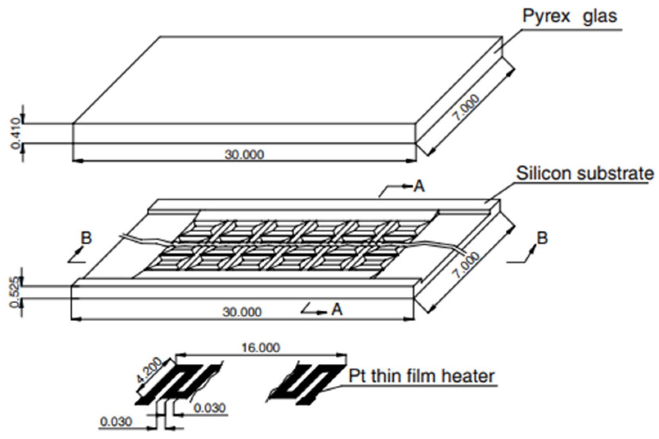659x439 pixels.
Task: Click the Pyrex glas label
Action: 569,16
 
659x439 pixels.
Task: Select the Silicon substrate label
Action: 585,173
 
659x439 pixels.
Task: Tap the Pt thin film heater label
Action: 421,376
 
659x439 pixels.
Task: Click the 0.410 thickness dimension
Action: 16,133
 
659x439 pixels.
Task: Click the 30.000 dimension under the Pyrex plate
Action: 244,155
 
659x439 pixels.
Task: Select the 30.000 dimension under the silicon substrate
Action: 242,312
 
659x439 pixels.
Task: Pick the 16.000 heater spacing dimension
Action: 260,348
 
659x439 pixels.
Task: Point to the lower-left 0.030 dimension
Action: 116,421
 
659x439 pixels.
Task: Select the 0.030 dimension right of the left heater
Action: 209,408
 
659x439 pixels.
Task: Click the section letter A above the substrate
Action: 419,186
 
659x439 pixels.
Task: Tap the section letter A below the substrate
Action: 336,309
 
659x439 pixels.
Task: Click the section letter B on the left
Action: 86,238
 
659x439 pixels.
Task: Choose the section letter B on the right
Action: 542,238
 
